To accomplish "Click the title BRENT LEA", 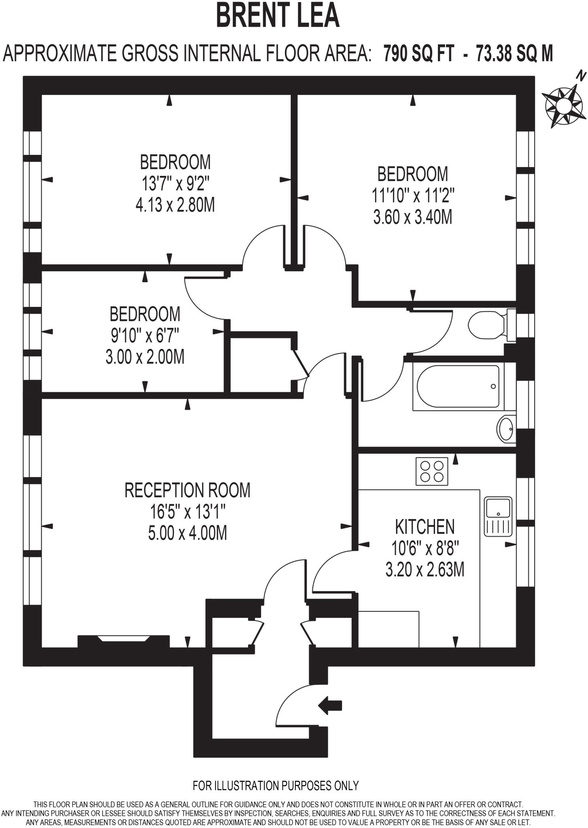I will click(278, 15).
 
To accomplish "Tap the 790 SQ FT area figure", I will click(418, 53).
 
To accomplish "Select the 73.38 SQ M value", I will click(514, 53).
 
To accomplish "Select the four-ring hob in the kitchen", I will click(432, 471).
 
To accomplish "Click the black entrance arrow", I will click(330, 705).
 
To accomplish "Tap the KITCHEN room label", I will click(425, 526).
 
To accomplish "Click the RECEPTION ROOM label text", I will click(187, 490).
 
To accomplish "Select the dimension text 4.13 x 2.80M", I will click(175, 205).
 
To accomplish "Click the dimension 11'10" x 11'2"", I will click(413, 196).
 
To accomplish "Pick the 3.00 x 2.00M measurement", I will click(145, 357).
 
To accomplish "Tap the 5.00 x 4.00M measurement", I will click(187, 533).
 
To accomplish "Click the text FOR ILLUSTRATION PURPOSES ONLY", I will click(276, 785).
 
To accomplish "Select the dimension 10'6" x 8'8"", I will click(425, 548).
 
